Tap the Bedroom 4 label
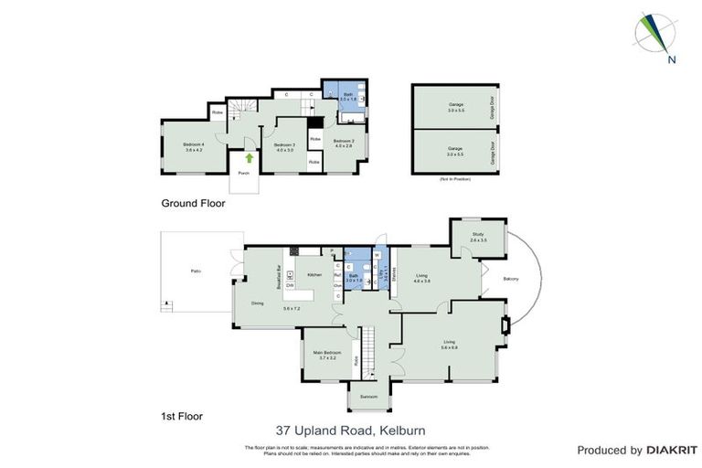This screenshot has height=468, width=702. tap(193, 146)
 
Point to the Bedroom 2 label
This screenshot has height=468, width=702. tap(344, 142)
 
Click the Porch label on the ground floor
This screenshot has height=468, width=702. tap(243, 173)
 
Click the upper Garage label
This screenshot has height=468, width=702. tap(455, 105)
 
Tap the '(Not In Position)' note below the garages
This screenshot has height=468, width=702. tap(455, 178)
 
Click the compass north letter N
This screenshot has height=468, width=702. tap(671, 61)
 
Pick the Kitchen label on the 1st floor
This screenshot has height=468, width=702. tap(314, 274)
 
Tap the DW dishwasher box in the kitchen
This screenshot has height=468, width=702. tap(289, 286)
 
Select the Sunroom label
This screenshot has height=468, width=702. tap(368, 397)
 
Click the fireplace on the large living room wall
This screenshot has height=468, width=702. tap(504, 326)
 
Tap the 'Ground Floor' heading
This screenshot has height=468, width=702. tap(193, 204)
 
